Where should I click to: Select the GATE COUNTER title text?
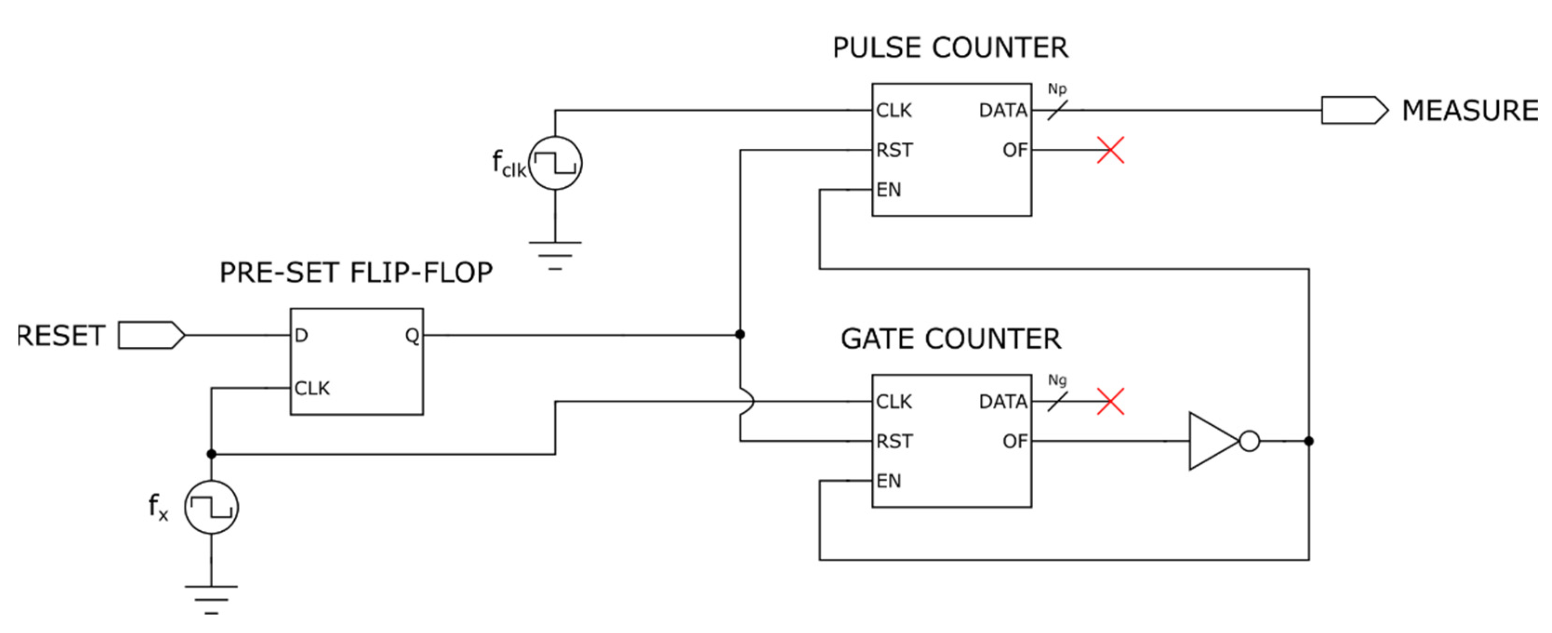click(x=951, y=339)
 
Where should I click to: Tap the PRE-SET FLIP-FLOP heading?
click(x=356, y=273)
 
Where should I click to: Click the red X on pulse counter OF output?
click(x=1110, y=150)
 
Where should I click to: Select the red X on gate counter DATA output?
click(x=1110, y=402)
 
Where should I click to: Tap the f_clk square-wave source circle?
click(x=555, y=163)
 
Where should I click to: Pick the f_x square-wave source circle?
click(x=211, y=507)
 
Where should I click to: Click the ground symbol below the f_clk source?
click(x=555, y=255)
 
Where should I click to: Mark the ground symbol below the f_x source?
click(x=211, y=599)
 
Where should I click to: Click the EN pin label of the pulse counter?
click(x=889, y=191)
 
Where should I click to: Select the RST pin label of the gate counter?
click(x=894, y=442)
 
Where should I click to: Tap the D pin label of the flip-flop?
click(x=301, y=336)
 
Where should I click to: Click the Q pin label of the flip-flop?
click(x=412, y=336)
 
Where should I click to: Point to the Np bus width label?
click(x=1057, y=89)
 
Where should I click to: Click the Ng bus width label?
click(x=1057, y=381)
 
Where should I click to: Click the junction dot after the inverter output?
click(x=1308, y=442)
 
